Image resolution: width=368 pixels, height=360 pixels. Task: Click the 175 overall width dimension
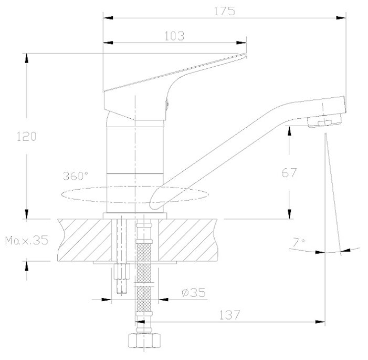[x=224, y=10]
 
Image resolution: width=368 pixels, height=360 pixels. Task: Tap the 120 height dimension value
[x=26, y=136]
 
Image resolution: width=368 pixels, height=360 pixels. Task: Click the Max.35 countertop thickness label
[x=26, y=241]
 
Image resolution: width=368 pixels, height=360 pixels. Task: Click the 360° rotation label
[x=76, y=176]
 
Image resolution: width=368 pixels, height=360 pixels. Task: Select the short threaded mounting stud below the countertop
[x=122, y=276]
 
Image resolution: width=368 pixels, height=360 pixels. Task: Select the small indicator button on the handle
[x=167, y=104]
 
